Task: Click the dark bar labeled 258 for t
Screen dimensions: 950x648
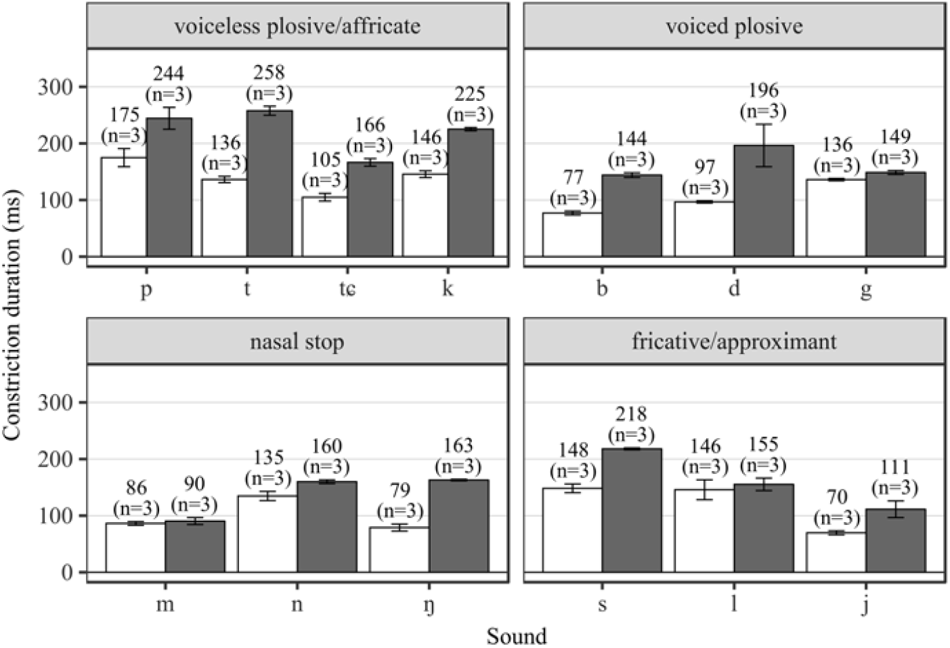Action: [x=269, y=183]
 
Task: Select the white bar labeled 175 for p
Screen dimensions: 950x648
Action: [x=124, y=207]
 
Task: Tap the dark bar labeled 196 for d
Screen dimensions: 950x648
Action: [x=764, y=201]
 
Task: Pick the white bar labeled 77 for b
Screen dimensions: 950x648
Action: [x=572, y=234]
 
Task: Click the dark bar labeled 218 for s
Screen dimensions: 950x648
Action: [x=632, y=510]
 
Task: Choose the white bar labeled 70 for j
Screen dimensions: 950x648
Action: [x=836, y=552]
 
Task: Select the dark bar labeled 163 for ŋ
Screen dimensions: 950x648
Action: [x=459, y=526]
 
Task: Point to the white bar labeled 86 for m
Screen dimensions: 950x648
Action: [x=135, y=548]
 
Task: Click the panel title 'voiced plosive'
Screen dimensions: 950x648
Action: [x=734, y=26]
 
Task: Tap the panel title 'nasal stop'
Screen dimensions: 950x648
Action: [x=297, y=342]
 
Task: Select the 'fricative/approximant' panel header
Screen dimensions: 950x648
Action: [x=734, y=342]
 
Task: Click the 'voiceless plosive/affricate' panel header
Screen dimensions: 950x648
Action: [x=297, y=26]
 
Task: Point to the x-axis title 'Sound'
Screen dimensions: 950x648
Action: [x=516, y=636]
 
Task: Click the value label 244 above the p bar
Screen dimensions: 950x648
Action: [x=169, y=74]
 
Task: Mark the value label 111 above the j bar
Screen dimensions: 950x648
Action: [x=895, y=468]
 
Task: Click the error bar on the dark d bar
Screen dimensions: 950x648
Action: [x=764, y=145]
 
